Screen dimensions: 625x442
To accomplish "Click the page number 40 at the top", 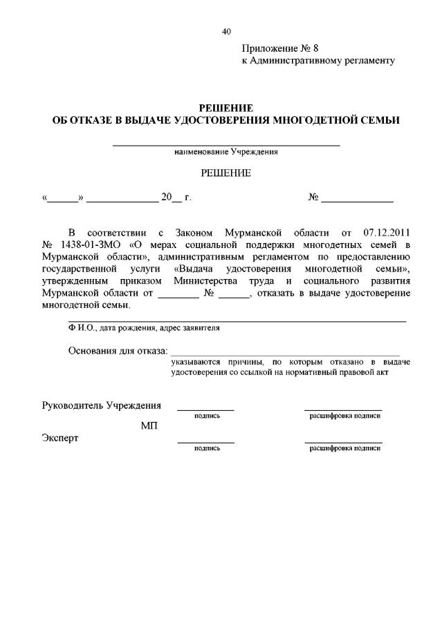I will (226, 31).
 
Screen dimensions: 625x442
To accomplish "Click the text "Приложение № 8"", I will (280, 48).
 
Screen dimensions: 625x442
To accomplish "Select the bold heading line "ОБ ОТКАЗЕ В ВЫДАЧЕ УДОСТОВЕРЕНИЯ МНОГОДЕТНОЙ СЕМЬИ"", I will (226, 120).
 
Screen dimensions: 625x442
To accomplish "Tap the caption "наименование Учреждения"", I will (226, 152).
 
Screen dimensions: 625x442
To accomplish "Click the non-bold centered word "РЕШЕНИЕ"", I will (226, 173).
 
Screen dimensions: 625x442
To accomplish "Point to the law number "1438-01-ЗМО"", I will (91, 244).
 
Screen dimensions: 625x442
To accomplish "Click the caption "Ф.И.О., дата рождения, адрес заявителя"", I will (144, 328).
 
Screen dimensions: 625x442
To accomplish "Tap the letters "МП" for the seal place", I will (149, 425).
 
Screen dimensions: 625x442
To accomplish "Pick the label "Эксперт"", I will (60, 438).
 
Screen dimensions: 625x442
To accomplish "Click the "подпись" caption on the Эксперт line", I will (207, 448).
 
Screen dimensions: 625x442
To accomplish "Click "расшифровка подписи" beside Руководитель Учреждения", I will (344, 416).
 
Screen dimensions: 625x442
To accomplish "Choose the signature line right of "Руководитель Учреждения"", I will (205, 410).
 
